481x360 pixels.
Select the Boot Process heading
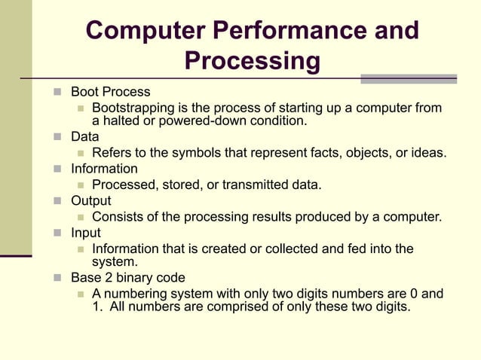110,93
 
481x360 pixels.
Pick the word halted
121,121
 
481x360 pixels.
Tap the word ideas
429,154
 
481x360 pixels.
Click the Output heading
90,201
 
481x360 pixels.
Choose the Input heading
85,233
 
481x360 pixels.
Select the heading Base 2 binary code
127,278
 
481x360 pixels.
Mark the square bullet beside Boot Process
58,93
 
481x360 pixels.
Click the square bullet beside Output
58,201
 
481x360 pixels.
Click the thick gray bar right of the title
408,78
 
